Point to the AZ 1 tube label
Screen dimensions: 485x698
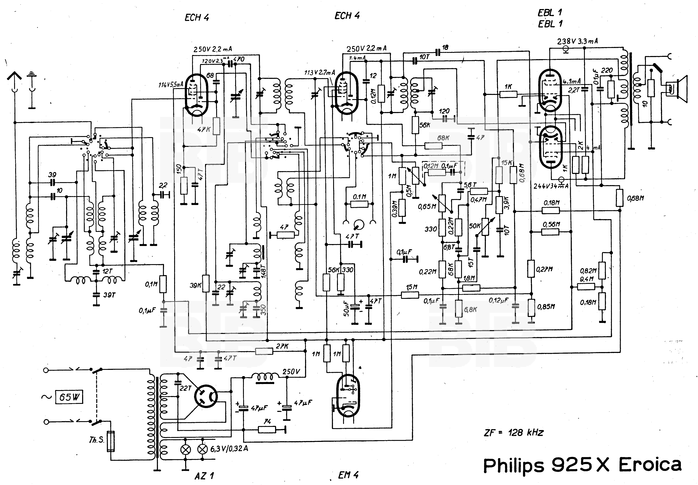point(204,476)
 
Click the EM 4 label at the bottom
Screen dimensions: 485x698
point(348,475)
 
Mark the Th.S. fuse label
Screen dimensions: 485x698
point(97,440)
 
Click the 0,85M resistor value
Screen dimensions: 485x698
point(546,307)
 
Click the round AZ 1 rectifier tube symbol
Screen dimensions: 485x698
point(206,396)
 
